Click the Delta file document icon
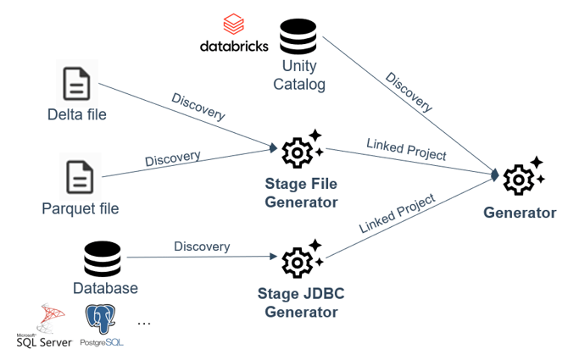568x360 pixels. coord(77,85)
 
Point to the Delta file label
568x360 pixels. coord(77,115)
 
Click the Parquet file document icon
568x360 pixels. coord(81,177)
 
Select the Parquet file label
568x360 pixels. coord(81,208)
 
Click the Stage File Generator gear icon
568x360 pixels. coord(301,150)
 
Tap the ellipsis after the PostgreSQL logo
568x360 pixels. coord(143,323)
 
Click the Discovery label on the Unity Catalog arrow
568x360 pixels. coord(409,92)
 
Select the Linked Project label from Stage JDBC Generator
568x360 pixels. coord(397,214)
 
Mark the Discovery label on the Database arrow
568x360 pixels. coord(202,246)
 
